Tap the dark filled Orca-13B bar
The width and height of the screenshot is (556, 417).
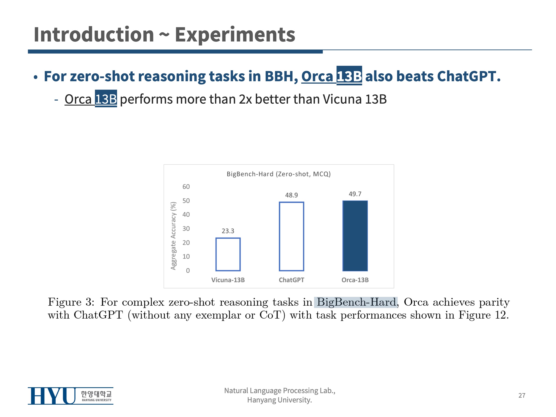point(355,236)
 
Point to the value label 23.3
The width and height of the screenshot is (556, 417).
point(228,231)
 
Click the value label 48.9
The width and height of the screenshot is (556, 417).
point(291,195)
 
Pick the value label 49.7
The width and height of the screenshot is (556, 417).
point(355,194)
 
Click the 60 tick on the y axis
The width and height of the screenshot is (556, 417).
point(186,187)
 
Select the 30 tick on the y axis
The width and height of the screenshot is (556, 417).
point(186,228)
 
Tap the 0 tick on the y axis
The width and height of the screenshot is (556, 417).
point(188,270)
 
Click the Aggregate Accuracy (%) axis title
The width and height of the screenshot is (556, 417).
point(173,236)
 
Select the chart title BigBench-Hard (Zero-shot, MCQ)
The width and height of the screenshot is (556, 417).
point(278,174)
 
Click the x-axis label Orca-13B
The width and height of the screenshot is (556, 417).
point(355,280)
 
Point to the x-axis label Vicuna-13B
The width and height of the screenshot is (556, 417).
point(228,280)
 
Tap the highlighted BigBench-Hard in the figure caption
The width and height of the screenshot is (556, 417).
point(356,302)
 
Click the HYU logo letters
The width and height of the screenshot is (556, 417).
point(51,396)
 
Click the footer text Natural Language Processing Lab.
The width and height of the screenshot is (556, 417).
point(280,390)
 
